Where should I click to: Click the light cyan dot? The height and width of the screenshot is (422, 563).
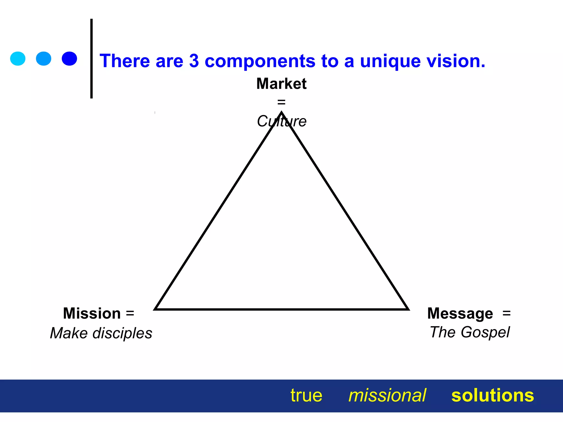pos(18,59)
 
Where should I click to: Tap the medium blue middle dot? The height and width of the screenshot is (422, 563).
pos(44,59)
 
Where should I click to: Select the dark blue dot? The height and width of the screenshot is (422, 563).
pos(69,59)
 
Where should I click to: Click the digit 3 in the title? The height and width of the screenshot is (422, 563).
pos(194,61)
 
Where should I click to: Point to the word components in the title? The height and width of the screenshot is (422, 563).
pos(260,61)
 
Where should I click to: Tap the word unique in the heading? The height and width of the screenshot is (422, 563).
pos(390,61)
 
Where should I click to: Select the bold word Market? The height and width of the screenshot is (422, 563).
pos(281,84)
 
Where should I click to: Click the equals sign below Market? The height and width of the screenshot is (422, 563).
pos(281,102)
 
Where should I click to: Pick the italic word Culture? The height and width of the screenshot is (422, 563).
pos(281,121)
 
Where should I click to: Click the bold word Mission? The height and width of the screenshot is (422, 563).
pos(92,313)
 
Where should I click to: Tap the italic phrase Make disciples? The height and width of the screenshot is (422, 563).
pos(101,333)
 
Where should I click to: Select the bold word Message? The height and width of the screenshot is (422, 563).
pos(460,313)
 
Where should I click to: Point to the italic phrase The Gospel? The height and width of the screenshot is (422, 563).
pos(470,332)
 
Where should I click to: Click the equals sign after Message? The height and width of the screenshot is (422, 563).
pos(506,313)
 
